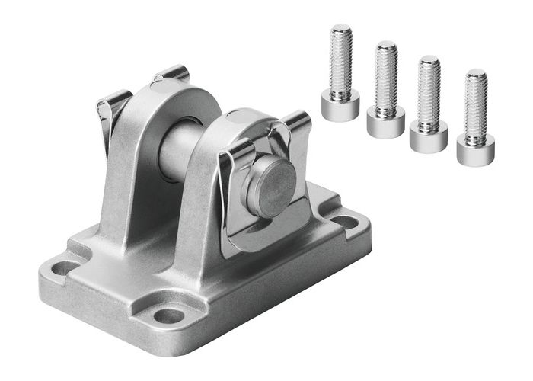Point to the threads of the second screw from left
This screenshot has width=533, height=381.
[387, 76]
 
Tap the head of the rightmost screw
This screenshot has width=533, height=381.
[475, 149]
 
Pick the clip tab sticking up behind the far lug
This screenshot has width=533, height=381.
[173, 73]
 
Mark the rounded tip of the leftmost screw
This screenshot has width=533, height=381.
[340, 29]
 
